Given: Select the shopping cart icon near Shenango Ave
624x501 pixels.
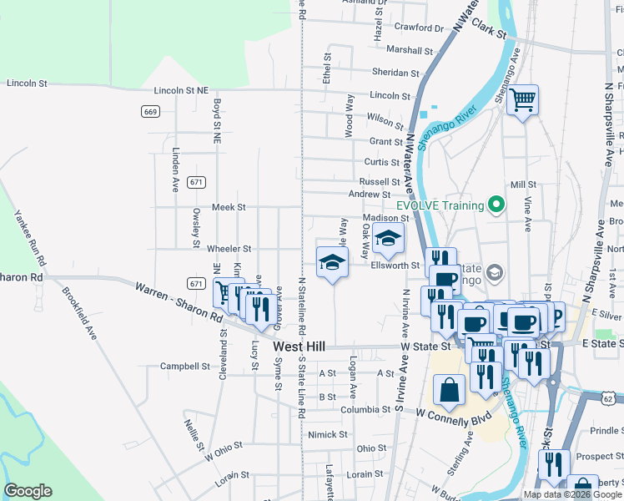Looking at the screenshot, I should point(522,101).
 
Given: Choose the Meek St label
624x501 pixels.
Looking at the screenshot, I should point(229,207).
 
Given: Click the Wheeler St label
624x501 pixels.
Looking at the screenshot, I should point(229,249).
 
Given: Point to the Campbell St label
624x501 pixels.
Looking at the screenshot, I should point(185,366).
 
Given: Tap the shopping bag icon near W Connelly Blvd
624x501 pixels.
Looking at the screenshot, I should point(449,390).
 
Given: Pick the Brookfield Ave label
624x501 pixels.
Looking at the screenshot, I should point(80,312).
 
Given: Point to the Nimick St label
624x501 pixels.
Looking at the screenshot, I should point(327,434).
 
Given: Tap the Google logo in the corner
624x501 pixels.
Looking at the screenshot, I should point(28,491).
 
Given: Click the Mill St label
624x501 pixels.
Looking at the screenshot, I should point(523,185).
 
